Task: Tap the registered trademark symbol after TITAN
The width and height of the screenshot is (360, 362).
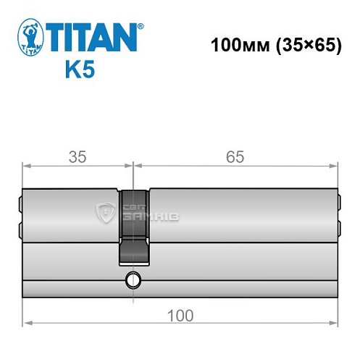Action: [x=142, y=25]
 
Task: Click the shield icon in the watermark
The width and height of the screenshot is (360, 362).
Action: [x=105, y=212]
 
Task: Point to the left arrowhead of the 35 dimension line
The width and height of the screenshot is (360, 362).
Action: [x=27, y=166]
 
